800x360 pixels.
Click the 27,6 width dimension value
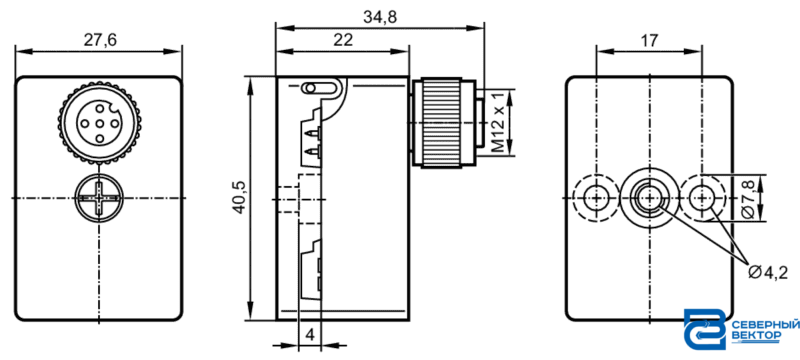pyautogui.click(x=100, y=41)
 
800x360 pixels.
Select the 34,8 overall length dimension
pyautogui.click(x=380, y=18)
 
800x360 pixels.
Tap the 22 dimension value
pyautogui.click(x=343, y=41)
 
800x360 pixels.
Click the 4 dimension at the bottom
pyautogui.click(x=310, y=335)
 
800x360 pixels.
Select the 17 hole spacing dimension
pyautogui.click(x=649, y=41)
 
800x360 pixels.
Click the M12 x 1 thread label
pyautogui.click(x=498, y=122)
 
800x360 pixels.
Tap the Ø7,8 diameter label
pyautogui.click(x=746, y=198)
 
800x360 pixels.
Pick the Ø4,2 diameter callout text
pyautogui.click(x=768, y=273)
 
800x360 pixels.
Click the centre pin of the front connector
pyautogui.click(x=99, y=122)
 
